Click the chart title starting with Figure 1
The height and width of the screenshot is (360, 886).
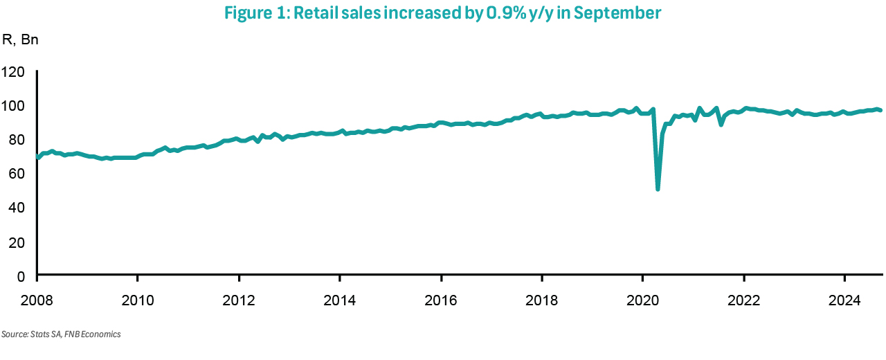443,13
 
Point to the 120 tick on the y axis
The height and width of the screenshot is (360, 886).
14,72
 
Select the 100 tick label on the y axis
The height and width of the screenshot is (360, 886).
14,106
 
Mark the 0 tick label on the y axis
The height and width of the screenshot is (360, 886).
21,276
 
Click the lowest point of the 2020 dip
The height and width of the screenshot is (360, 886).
658,188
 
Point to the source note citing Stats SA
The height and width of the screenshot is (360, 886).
61,334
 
